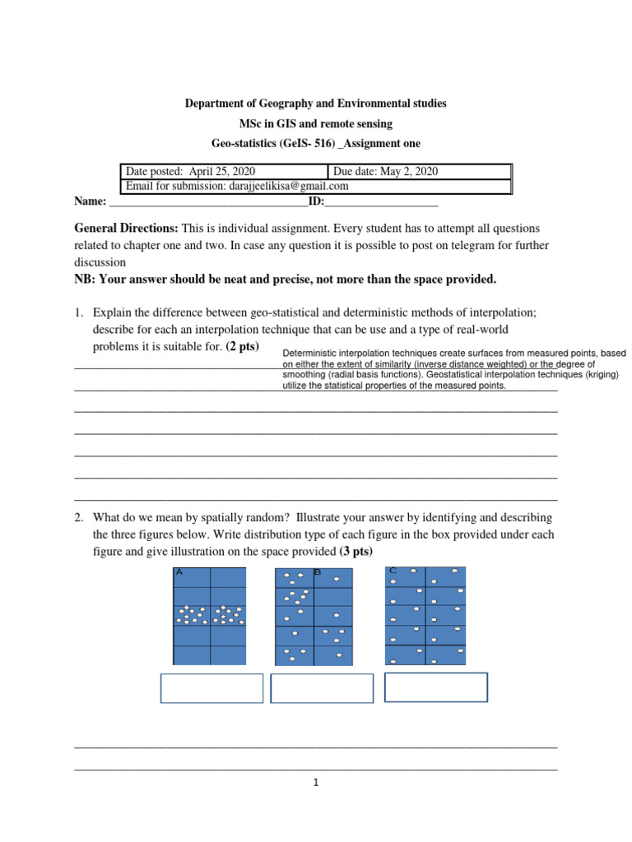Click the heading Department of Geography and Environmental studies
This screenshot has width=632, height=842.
click(315, 104)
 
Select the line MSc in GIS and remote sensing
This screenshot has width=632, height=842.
click(315, 123)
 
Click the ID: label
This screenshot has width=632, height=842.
click(316, 201)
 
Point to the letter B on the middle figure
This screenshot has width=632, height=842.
click(316, 572)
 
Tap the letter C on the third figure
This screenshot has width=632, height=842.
click(393, 570)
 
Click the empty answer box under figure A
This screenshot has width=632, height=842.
click(211, 688)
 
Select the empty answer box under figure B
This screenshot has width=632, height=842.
click(321, 688)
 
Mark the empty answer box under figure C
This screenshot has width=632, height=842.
click(435, 687)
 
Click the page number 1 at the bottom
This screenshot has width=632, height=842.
click(316, 783)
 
